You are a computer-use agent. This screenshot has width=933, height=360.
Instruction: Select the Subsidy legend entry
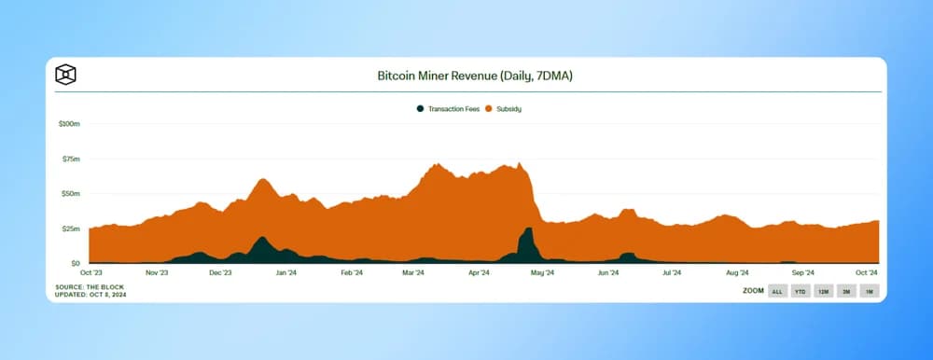click(x=504, y=109)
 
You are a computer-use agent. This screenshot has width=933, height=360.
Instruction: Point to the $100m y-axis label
click(x=70, y=123)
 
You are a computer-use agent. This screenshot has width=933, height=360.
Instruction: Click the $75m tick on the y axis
click(x=72, y=159)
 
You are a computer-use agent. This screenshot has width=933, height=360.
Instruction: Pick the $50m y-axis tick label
click(x=72, y=193)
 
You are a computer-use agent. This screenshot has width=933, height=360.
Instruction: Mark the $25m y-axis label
click(x=72, y=228)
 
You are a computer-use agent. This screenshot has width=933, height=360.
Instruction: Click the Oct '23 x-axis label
click(x=91, y=273)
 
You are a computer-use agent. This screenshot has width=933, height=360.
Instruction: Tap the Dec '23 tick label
click(x=220, y=273)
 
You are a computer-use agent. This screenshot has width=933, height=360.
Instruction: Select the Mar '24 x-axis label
click(x=413, y=273)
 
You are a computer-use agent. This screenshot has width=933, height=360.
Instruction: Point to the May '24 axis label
click(x=542, y=273)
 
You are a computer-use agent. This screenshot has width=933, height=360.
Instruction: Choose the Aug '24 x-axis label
click(x=737, y=273)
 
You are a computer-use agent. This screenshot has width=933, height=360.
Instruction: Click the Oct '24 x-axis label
click(x=867, y=273)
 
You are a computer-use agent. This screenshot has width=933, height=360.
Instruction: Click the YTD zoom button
click(x=800, y=291)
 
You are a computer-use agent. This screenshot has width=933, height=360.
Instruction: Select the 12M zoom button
click(x=823, y=291)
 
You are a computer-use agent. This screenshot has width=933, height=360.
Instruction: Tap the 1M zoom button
click(x=869, y=291)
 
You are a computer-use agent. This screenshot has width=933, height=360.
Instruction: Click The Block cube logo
click(x=65, y=75)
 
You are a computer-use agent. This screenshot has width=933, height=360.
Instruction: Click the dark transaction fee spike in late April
click(x=527, y=244)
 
